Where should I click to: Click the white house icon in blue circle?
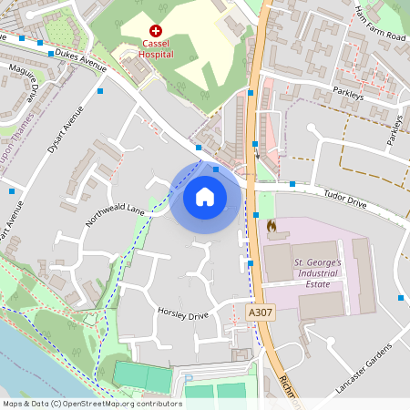[205, 196]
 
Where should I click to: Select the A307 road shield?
[261, 313]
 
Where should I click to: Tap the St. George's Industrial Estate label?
[318, 272]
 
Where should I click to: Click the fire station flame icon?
[271, 223]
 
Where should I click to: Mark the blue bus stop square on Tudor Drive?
[292, 184]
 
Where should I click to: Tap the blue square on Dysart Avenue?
[99, 91]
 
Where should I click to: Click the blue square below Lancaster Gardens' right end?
[400, 298]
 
